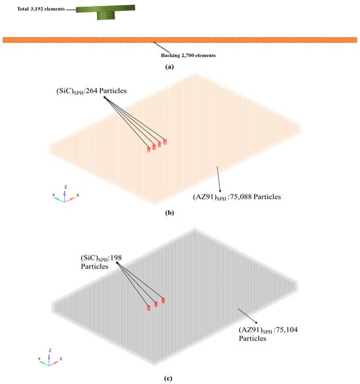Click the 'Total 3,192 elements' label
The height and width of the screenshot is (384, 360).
point(41,9)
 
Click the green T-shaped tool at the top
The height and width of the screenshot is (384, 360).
point(105,12)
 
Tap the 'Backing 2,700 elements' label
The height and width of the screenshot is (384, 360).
point(189,56)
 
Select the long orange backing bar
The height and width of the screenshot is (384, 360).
point(180,40)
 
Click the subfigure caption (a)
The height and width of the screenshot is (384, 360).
point(170,67)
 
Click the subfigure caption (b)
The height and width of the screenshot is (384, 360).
point(170,213)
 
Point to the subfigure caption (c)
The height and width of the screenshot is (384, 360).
point(168,378)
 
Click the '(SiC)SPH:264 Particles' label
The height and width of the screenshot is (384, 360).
point(92,91)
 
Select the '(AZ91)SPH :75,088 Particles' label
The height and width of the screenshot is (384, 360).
point(237,197)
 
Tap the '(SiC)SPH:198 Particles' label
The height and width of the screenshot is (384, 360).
point(101,262)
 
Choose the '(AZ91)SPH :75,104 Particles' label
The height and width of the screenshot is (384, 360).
point(268,334)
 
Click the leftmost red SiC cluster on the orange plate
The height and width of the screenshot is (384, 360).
point(149,149)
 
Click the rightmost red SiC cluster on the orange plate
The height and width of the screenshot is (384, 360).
point(165,141)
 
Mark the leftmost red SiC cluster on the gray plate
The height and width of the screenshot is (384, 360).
point(149,308)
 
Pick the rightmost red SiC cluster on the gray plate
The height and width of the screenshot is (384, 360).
point(163,300)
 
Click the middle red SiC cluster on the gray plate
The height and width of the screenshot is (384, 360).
point(156,304)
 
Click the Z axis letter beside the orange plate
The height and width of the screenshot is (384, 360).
point(65,187)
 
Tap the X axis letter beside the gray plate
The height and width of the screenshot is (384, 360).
point(61,358)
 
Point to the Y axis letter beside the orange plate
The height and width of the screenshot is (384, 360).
point(54,195)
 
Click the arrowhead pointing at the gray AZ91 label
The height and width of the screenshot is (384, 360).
point(256,323)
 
